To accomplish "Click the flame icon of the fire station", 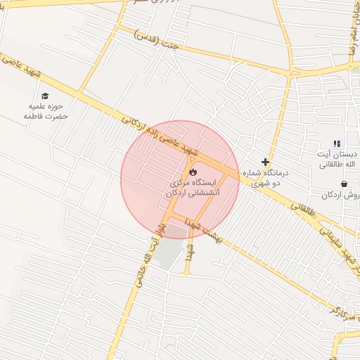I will (192, 170).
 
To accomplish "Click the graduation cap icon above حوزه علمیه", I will (46, 96).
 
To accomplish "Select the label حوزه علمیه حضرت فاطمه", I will (46, 111).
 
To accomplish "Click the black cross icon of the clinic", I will (265, 162).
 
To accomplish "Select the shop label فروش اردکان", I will (345, 195).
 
